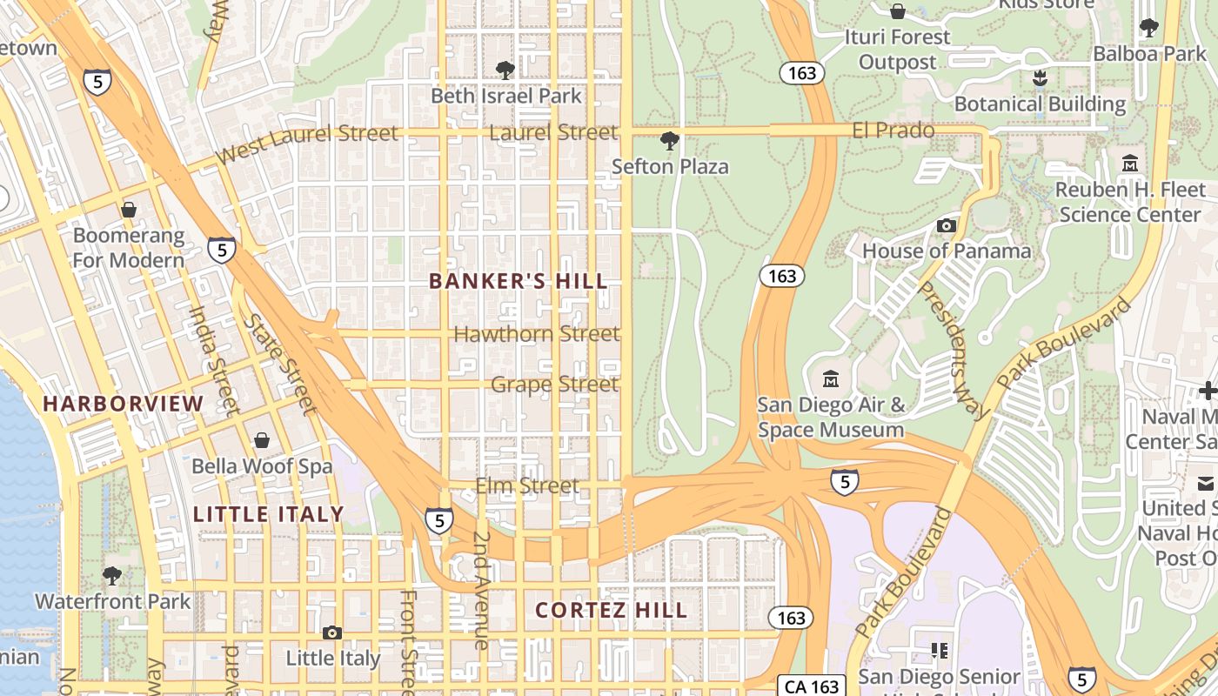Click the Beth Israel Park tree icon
[x=505, y=70]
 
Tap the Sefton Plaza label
[x=670, y=166]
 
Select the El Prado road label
[x=893, y=130]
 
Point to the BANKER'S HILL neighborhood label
[x=519, y=281]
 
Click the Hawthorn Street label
[x=537, y=333]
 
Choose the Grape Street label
[x=555, y=384]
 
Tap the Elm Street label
[x=527, y=485]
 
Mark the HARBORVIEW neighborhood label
[x=123, y=404]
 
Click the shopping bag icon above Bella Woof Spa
[x=262, y=441]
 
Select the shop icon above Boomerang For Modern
[x=129, y=210]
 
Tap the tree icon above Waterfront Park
[x=111, y=575]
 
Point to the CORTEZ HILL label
[x=611, y=611]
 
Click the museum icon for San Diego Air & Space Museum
[x=831, y=379]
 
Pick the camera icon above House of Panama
[x=947, y=226]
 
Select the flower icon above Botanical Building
[x=1039, y=78]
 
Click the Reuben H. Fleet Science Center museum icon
[x=1130, y=163]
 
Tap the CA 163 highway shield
[x=812, y=686]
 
